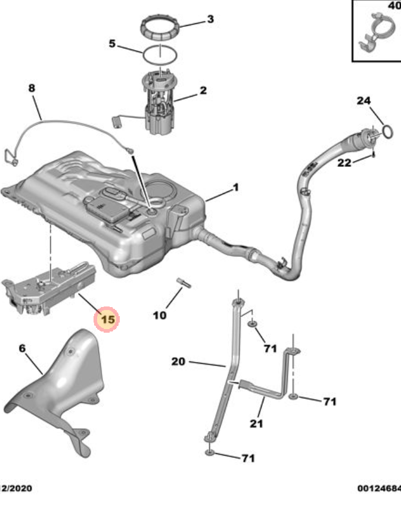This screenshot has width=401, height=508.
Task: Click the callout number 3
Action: click(210, 20)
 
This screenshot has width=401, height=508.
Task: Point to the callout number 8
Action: click(32, 88)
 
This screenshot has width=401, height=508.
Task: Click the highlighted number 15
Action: click(108, 320)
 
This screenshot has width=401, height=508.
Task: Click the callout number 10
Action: click(160, 315)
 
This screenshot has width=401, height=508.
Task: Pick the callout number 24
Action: click(364, 101)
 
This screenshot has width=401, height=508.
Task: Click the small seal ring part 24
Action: click(387, 131)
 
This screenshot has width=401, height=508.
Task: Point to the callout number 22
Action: click(344, 163)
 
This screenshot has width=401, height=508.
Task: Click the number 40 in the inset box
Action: click(393, 6)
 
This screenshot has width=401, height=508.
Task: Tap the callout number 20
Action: click(179, 361)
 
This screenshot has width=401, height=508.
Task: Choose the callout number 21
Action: click(256, 423)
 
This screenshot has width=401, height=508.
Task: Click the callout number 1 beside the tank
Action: click(235, 187)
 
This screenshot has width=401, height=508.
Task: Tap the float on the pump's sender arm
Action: click(116, 122)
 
